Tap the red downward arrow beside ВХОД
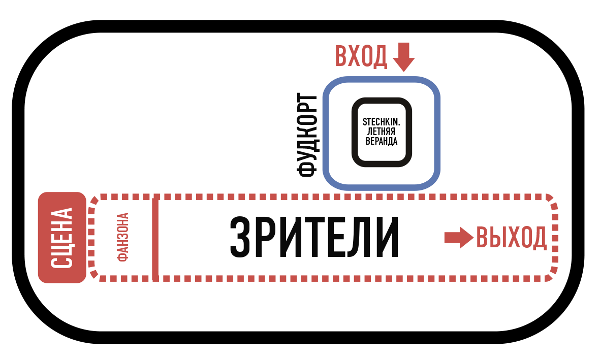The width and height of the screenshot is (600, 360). click(x=404, y=57)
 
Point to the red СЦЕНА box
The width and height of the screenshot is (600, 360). click(x=62, y=237)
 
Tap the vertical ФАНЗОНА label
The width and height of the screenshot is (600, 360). click(x=123, y=237)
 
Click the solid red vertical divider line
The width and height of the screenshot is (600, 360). click(x=155, y=239)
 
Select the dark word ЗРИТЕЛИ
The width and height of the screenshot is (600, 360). click(x=313, y=238)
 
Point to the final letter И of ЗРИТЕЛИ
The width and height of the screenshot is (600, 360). click(x=387, y=238)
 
